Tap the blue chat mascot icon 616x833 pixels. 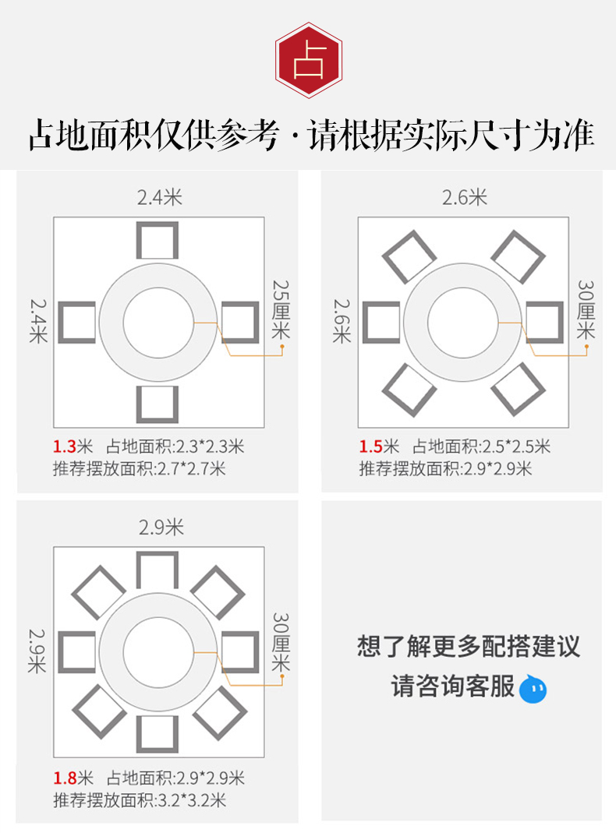(x=533, y=689)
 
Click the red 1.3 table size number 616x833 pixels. (x=63, y=447)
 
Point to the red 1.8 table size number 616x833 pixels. (x=63, y=778)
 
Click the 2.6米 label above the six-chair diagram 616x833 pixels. (x=465, y=198)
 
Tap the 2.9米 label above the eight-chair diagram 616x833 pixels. (x=161, y=528)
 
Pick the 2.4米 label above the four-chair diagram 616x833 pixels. (x=160, y=198)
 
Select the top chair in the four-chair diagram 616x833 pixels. (x=158, y=240)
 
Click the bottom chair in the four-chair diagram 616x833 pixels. (x=158, y=404)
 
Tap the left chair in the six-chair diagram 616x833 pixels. (x=381, y=322)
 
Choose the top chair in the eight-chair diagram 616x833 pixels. (x=158, y=570)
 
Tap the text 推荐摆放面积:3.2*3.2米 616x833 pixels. (x=140, y=799)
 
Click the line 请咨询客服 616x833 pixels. (x=453, y=687)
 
